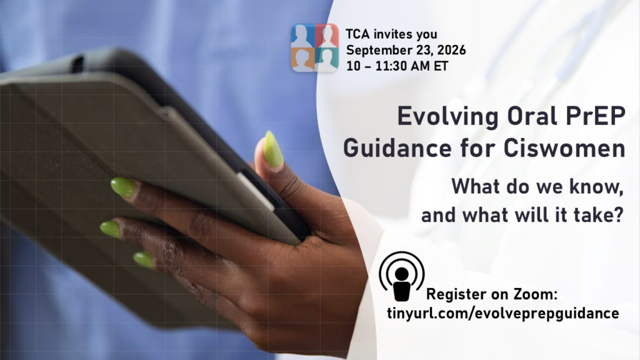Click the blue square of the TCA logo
[x=303, y=36]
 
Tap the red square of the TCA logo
[x=327, y=36]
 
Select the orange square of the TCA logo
[x=303, y=59]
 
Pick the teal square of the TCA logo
[x=327, y=59]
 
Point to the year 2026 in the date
[x=451, y=50]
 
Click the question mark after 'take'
[x=619, y=215]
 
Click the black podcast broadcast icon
[x=402, y=276]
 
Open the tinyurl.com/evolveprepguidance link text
[x=503, y=314]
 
